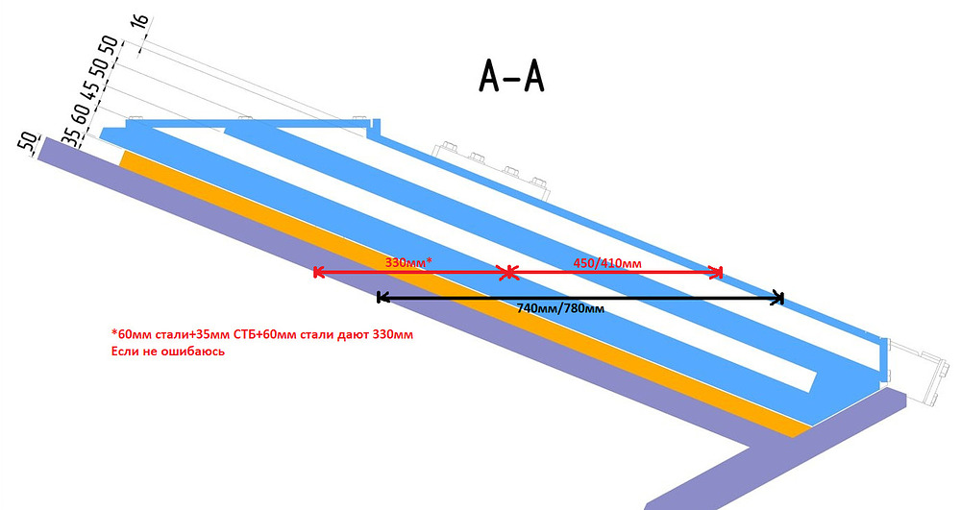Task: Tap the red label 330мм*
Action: click(408, 262)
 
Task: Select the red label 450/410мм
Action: click(607, 263)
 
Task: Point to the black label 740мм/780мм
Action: click(560, 308)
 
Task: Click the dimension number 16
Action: click(139, 21)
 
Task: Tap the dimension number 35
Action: click(71, 136)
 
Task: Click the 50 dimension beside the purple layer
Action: click(28, 141)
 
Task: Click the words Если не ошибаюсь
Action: click(168, 352)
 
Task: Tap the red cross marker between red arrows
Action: click(508, 273)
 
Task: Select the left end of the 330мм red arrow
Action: click(315, 272)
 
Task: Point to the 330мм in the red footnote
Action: click(392, 335)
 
